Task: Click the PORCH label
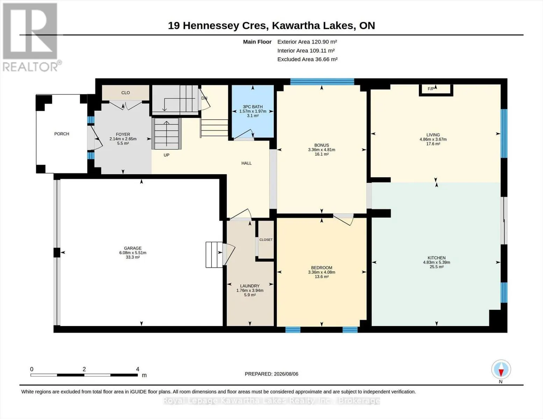[62, 134]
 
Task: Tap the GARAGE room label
[133, 248]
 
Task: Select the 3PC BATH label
[253, 106]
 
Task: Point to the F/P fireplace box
[436, 90]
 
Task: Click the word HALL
[247, 163]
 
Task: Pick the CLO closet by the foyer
[126, 93]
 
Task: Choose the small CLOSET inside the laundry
[266, 240]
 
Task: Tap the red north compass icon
[501, 369]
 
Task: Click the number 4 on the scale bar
[137, 369]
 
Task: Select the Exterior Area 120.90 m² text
[307, 42]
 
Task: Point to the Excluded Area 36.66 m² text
[307, 59]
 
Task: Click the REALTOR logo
[31, 37]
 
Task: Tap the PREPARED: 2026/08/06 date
[271, 374]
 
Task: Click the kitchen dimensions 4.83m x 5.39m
[437, 262]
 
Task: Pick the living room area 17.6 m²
[433, 144]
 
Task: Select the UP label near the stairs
[166, 155]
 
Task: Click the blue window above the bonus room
[322, 82]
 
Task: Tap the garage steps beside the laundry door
[214, 255]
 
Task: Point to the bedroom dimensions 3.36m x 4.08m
[322, 272]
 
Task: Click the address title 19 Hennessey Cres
[218, 26]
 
